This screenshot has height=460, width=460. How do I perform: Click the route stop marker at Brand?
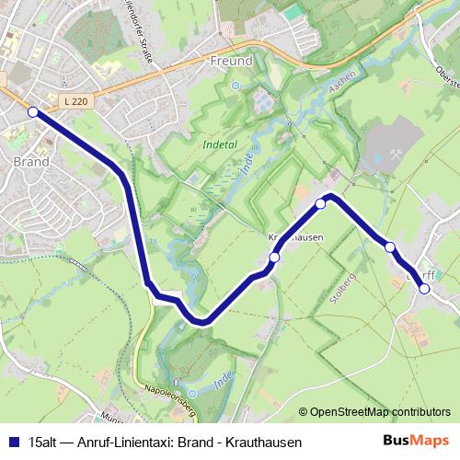pos(33,112)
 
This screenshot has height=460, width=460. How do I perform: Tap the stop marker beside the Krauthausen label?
pos(274,259)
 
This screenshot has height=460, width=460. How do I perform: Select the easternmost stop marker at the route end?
pos(424,289)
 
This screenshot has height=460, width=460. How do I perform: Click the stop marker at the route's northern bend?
pos(320,203)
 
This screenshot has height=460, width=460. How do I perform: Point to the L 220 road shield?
pos(77,99)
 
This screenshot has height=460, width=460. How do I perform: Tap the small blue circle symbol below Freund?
pos(235,86)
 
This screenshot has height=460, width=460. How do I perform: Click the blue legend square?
pos(13,442)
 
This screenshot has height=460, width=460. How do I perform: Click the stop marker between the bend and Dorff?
pos(390,247)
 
